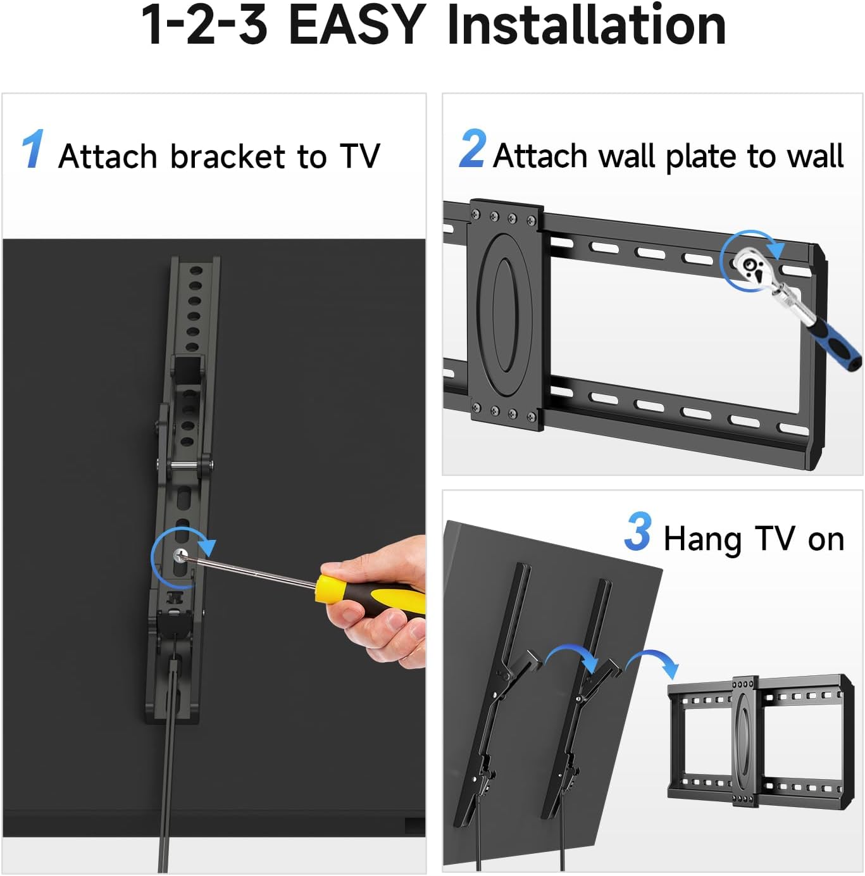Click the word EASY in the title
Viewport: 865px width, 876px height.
(x=356, y=25)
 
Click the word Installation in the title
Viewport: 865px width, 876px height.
(x=586, y=25)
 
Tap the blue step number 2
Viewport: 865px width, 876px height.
(x=473, y=149)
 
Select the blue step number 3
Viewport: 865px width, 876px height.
(x=638, y=532)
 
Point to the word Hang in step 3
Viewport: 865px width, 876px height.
(x=702, y=540)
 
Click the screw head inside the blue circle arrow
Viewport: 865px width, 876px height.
(x=180, y=556)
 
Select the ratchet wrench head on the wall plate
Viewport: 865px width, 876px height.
(x=752, y=265)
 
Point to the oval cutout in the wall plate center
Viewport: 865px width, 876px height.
(x=504, y=315)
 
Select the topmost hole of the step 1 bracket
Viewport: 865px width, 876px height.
(x=196, y=270)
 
